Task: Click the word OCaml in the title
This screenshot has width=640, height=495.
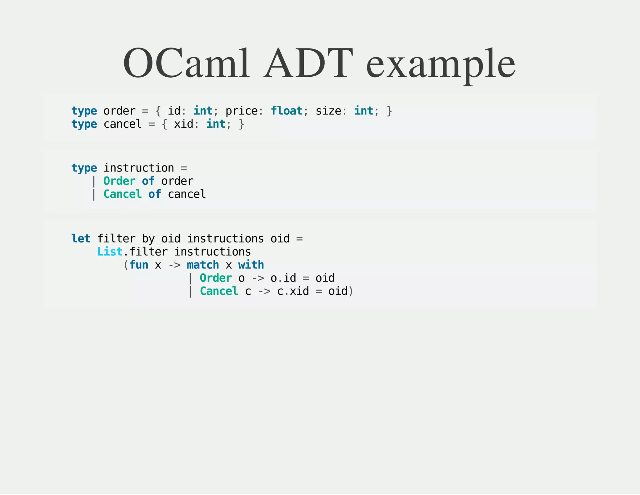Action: (186, 63)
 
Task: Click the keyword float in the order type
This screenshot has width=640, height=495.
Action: (287, 111)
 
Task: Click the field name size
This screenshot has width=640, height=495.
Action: (328, 111)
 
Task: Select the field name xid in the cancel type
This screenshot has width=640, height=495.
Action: (183, 124)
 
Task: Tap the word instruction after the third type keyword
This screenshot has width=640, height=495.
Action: (139, 168)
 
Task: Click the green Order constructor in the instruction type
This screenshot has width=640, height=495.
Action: (119, 181)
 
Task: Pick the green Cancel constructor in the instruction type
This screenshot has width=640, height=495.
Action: (122, 194)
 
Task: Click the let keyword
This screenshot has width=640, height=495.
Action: (81, 239)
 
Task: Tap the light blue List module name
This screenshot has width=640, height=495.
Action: (110, 252)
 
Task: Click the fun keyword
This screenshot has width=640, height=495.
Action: (139, 265)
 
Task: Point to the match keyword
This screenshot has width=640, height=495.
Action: (203, 265)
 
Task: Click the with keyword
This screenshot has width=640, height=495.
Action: (251, 265)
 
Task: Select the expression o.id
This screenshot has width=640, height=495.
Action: (283, 278)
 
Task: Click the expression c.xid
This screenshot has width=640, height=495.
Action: (293, 291)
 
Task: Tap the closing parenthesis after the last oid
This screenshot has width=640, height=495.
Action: (351, 291)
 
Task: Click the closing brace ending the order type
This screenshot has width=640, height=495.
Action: (389, 111)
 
